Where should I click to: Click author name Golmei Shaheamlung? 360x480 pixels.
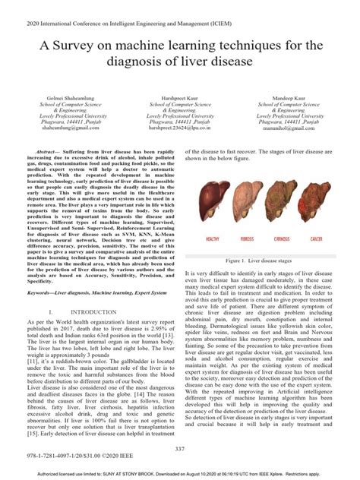coord(70,99)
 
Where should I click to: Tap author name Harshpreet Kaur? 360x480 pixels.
coord(179,99)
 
